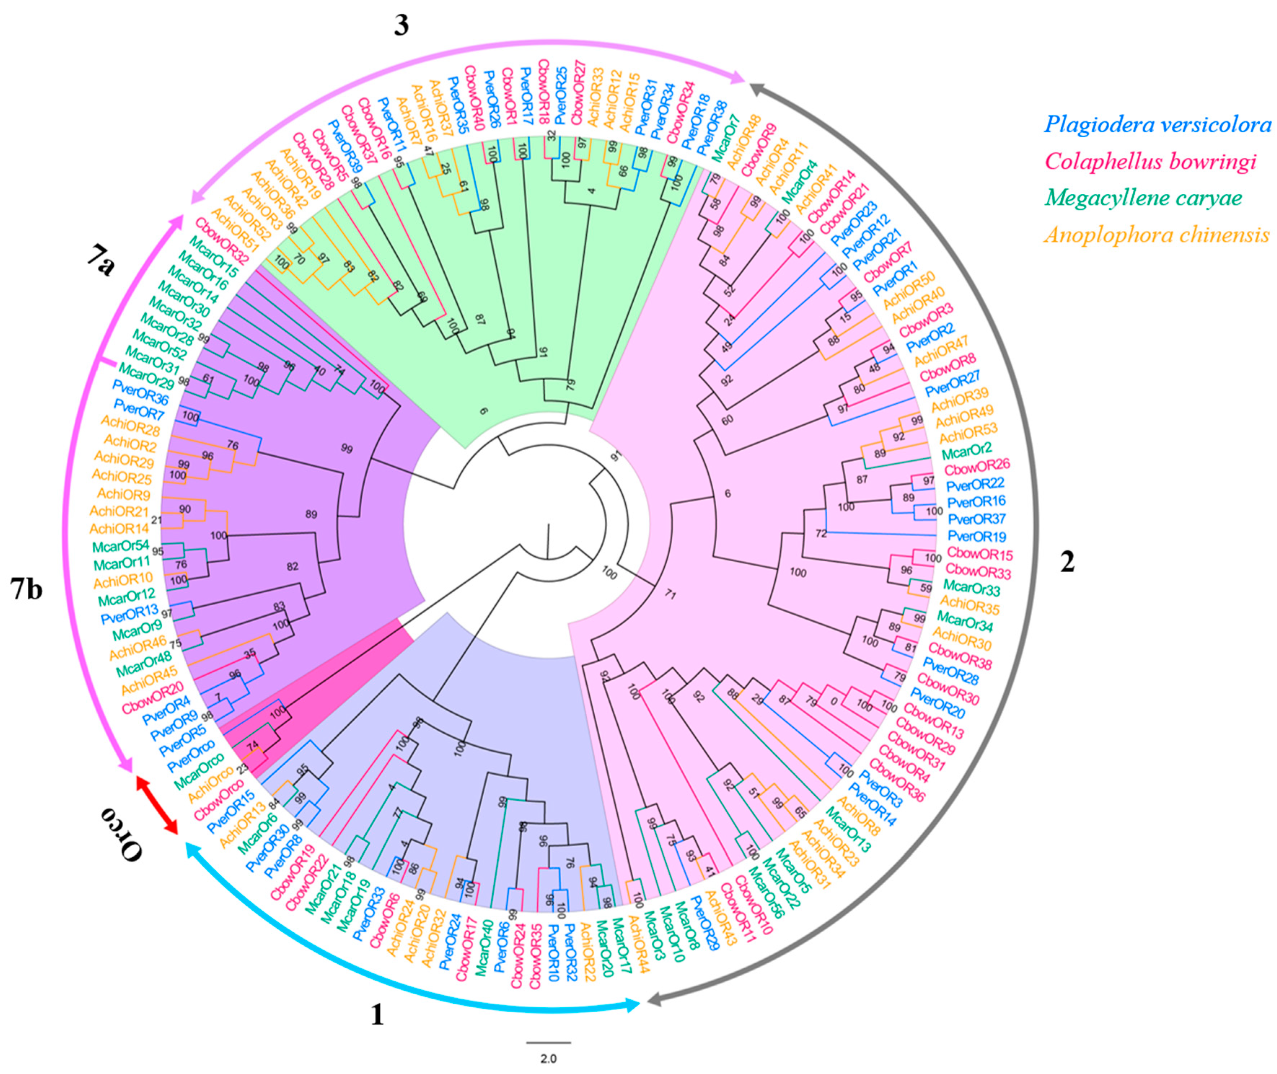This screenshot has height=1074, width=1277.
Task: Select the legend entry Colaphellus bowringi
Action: point(1150,162)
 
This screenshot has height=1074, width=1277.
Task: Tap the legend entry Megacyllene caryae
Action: point(1144,198)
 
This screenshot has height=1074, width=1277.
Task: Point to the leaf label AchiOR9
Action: point(122,494)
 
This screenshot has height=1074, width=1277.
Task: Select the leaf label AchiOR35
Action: point(971,605)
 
